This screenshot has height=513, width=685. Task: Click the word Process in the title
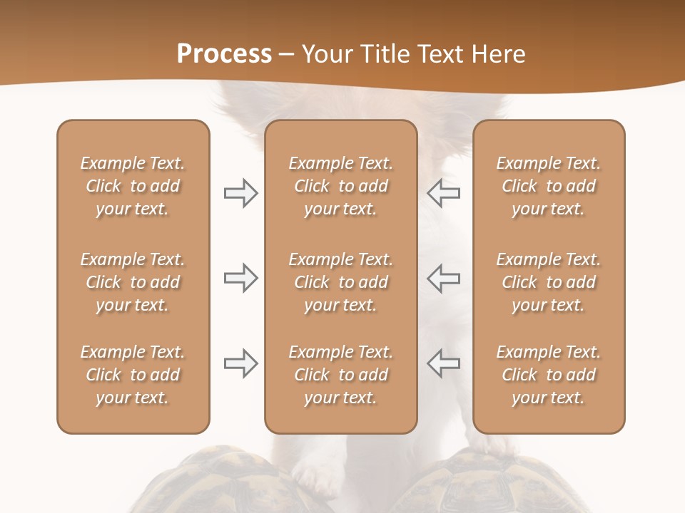coord(224,53)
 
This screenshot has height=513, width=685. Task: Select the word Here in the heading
coord(497,53)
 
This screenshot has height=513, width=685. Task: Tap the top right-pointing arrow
coord(240,193)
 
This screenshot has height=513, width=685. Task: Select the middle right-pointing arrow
coord(240,278)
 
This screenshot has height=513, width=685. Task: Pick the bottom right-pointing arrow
coord(240,363)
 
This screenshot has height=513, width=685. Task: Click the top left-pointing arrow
coord(443,193)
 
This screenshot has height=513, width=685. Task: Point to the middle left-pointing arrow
coord(443,278)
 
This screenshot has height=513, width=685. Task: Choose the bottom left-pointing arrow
coord(443,363)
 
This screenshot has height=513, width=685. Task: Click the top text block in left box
coord(133,186)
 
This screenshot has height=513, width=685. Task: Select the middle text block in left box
coord(133,282)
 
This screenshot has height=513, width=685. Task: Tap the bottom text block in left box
coord(133,375)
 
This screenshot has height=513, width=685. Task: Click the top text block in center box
coord(340,186)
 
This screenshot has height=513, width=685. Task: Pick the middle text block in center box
coord(340,282)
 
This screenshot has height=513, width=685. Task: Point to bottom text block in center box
coord(340,375)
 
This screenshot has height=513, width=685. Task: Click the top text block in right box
coord(548,186)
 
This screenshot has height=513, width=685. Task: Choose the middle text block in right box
coord(548,282)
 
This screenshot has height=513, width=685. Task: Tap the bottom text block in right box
coord(548,375)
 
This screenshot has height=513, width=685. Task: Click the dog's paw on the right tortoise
coord(499,446)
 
